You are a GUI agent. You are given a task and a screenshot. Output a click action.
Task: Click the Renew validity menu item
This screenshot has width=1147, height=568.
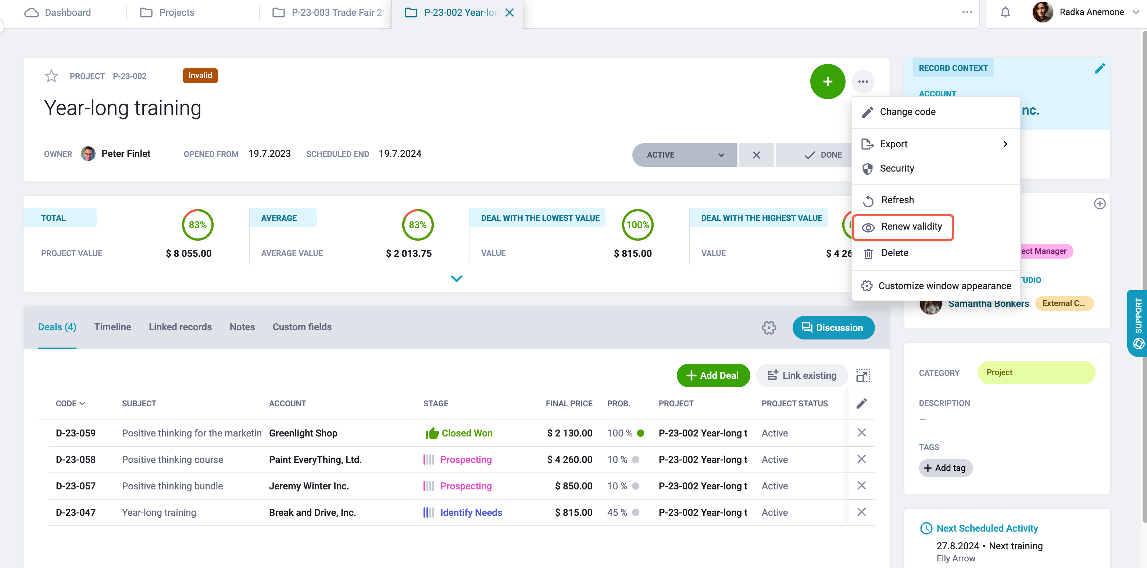(x=903, y=227)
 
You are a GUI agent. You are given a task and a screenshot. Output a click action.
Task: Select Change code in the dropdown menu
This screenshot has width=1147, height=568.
(x=907, y=112)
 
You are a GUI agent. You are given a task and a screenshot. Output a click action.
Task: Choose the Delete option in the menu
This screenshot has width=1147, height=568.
(x=894, y=253)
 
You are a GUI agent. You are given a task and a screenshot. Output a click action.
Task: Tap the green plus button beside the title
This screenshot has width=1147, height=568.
(x=827, y=82)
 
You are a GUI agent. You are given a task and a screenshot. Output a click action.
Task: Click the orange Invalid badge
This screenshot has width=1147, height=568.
(x=200, y=76)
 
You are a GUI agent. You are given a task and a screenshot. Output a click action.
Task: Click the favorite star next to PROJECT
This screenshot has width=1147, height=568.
(x=51, y=76)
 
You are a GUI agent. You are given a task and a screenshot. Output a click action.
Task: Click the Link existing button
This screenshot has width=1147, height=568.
(x=802, y=375)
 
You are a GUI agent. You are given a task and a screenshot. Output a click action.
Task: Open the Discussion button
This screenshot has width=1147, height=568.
(x=833, y=328)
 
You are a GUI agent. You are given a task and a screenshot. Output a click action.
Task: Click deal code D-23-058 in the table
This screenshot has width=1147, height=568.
(x=76, y=459)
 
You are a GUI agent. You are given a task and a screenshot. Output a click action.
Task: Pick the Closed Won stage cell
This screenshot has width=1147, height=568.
(x=459, y=433)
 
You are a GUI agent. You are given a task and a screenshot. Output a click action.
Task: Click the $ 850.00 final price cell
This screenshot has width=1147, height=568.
(x=573, y=486)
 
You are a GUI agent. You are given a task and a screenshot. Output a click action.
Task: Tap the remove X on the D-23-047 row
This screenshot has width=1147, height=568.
(x=862, y=512)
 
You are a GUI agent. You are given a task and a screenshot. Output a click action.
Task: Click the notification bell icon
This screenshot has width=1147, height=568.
(x=1005, y=12)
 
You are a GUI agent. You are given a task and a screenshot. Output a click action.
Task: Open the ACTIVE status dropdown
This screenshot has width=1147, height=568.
(x=685, y=155)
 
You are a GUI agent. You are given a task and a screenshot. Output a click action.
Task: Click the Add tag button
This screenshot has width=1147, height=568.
(x=945, y=468)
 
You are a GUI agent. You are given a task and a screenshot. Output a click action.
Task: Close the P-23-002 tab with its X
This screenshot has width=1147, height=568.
(x=510, y=12)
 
